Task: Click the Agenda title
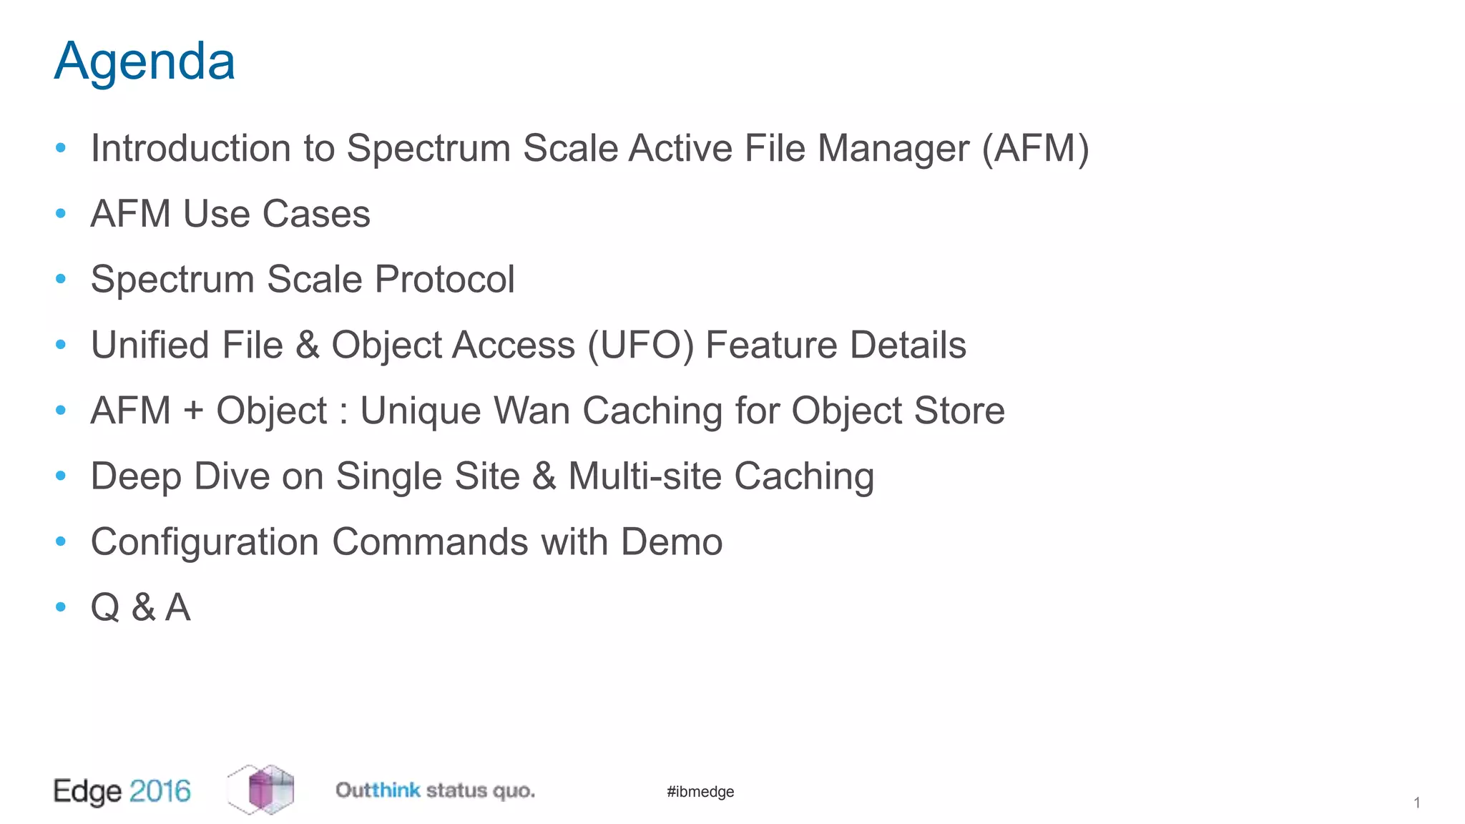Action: point(144,62)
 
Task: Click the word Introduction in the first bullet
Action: point(191,148)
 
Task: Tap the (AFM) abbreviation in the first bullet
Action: point(1035,148)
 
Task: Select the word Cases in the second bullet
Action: point(316,214)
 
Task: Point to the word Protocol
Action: point(444,279)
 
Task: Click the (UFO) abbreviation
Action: point(640,345)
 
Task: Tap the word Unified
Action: point(151,345)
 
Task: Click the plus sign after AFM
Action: point(194,411)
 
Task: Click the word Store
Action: point(959,411)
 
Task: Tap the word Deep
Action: point(136,476)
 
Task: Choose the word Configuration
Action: point(205,542)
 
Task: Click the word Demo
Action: point(671,542)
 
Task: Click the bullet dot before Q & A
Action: point(61,607)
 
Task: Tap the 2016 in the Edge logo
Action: point(160,791)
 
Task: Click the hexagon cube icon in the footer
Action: point(261,790)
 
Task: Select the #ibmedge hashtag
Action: point(700,792)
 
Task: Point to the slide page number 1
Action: point(1416,803)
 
